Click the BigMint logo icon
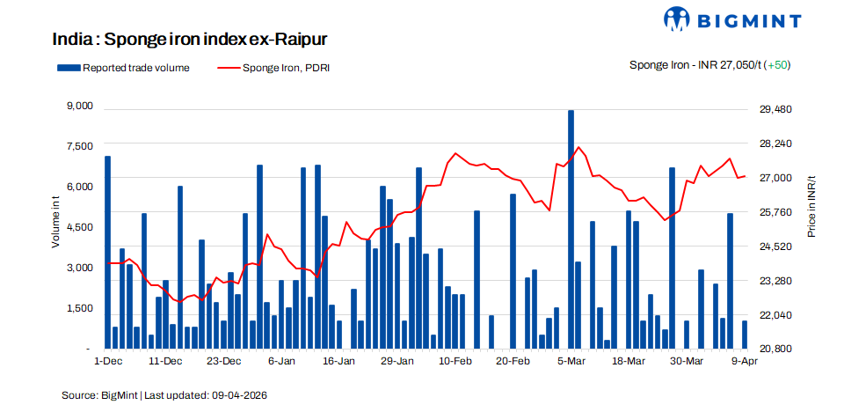point(679,19)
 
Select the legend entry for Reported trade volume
point(123,67)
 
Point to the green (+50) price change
point(777,65)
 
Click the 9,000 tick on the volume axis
point(79,106)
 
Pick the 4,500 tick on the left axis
point(79,227)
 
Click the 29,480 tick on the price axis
point(776,109)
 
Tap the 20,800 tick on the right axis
point(776,349)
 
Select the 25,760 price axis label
point(776,212)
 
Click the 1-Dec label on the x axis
point(107,361)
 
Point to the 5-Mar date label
point(571,361)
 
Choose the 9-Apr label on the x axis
point(745,361)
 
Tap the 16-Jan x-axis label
point(338,361)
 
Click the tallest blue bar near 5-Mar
point(571,229)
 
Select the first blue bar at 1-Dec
point(107,252)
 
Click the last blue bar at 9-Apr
point(745,335)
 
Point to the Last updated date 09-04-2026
point(238,395)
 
